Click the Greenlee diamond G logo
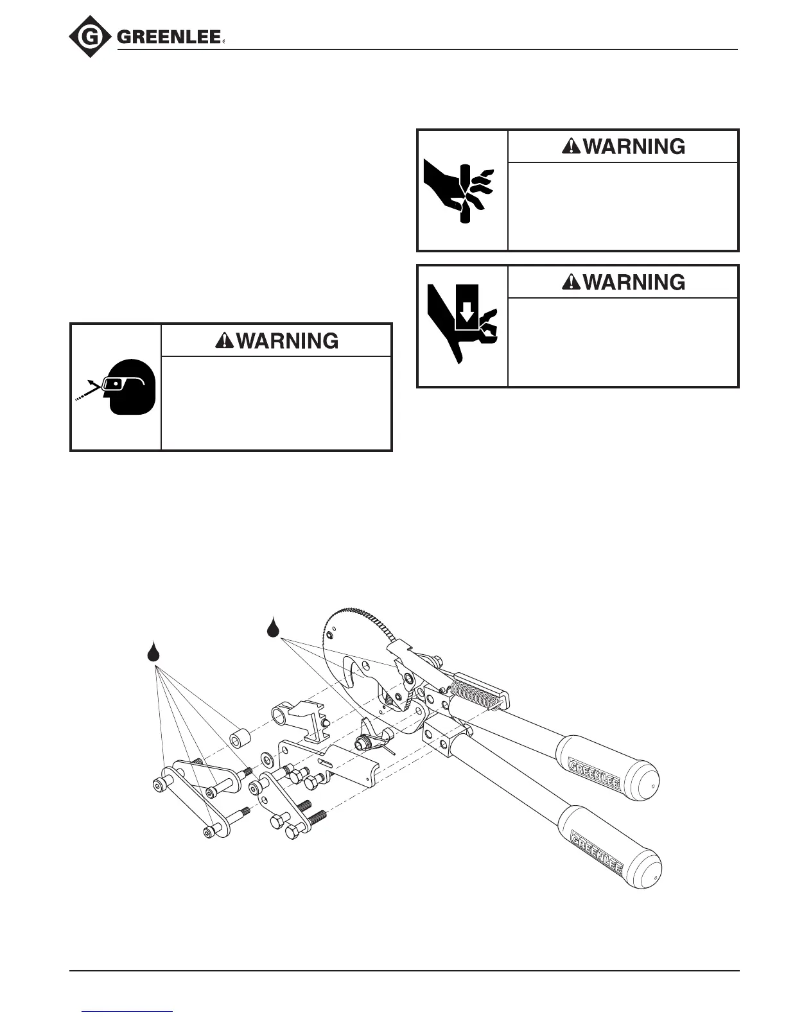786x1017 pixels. [x=91, y=37]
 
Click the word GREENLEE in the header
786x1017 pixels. [x=169, y=38]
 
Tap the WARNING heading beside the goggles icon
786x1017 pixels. [x=277, y=340]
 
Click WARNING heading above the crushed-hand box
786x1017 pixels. [x=624, y=282]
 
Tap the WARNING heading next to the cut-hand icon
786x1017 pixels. [x=624, y=146]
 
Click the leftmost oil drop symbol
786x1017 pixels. [x=153, y=652]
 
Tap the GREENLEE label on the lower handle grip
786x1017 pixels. [x=597, y=851]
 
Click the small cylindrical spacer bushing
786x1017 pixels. [x=240, y=738]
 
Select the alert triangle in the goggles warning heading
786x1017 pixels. [x=225, y=341]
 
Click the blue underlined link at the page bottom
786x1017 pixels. [x=128, y=1011]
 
